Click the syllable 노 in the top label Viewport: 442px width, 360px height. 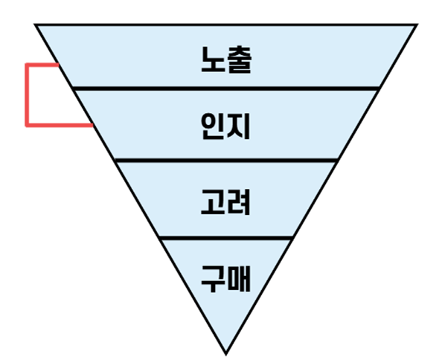click(x=213, y=60)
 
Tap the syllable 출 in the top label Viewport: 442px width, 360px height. click(x=239, y=60)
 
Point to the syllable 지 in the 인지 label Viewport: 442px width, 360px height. click(x=238, y=126)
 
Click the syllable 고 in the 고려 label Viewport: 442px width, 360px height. click(x=213, y=202)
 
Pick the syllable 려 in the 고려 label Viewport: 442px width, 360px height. click(x=238, y=202)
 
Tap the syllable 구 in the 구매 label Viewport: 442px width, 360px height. click(x=213, y=279)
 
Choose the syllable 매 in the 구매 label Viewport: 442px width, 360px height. click(x=239, y=278)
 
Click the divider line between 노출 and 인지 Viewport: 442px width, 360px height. click(x=225, y=89)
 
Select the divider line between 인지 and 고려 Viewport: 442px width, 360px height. click(x=226, y=161)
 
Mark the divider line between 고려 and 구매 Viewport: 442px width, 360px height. click(x=225, y=238)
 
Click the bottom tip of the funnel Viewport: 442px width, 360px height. click(x=225, y=354)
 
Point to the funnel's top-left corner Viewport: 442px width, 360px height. click(x=34, y=25)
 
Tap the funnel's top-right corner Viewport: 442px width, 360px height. click(x=417, y=25)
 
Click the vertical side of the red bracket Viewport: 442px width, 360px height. click(x=27, y=95)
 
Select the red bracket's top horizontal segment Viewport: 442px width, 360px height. click(x=42, y=65)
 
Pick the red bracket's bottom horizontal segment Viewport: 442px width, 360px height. click(x=60, y=125)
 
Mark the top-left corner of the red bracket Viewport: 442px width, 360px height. click(x=27, y=65)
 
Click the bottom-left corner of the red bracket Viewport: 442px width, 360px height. click(x=27, y=126)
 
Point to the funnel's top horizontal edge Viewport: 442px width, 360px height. click(x=225, y=25)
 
